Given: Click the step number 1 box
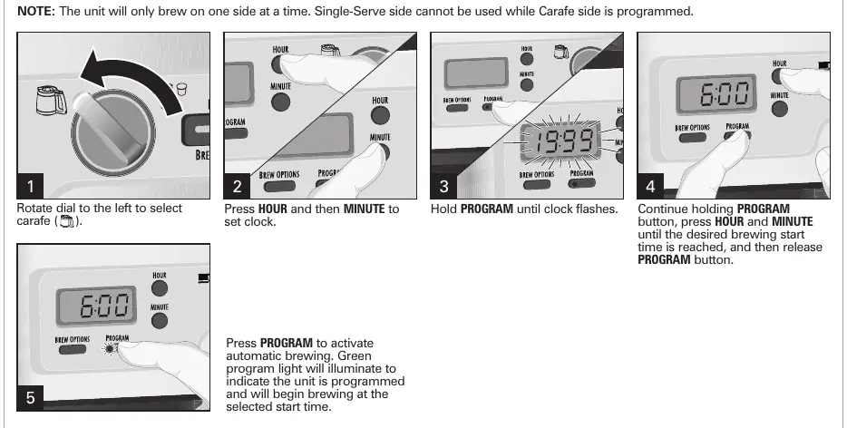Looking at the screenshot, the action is click(x=30, y=186).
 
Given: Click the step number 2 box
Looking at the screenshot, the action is click(x=237, y=186).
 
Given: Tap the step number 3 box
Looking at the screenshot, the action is click(x=443, y=186).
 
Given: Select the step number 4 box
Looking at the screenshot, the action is click(x=650, y=186).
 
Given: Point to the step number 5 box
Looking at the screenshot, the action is click(x=30, y=398).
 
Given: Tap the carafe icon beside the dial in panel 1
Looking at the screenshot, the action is click(x=52, y=101).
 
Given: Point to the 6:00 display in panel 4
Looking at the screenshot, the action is click(x=716, y=94).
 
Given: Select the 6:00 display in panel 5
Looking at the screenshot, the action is click(x=96, y=306).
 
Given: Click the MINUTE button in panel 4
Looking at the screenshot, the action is click(x=780, y=109).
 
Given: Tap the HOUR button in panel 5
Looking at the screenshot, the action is click(x=160, y=288).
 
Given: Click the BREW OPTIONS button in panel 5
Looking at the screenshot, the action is click(x=73, y=349).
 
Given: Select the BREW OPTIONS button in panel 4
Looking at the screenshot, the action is click(x=693, y=137).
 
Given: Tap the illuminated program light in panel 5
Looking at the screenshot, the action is click(x=111, y=348).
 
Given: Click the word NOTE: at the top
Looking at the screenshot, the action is click(x=36, y=12).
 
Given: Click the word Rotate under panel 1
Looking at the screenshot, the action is click(x=34, y=209).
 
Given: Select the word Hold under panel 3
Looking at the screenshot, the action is click(x=444, y=209).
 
